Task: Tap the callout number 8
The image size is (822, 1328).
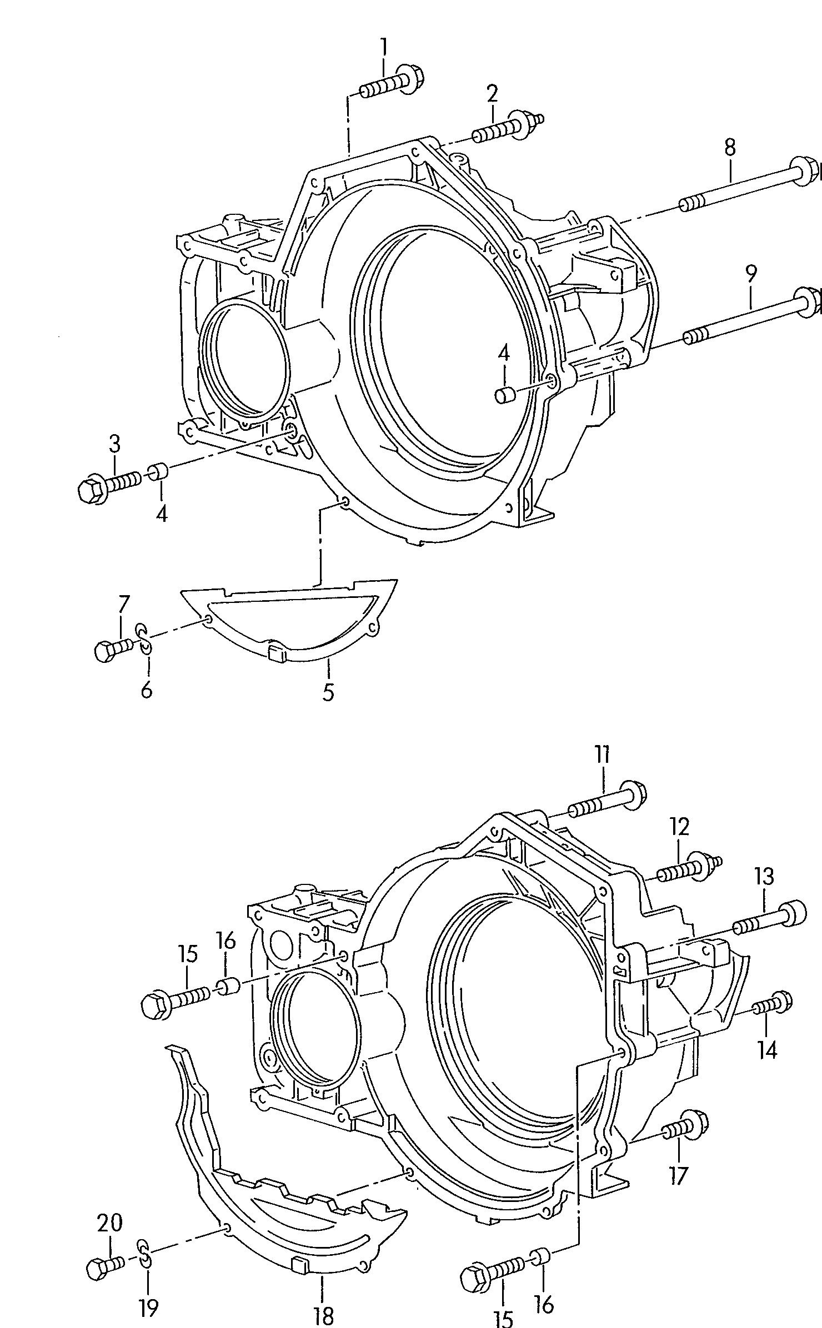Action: point(730,147)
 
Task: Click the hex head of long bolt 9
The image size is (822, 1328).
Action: point(810,302)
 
